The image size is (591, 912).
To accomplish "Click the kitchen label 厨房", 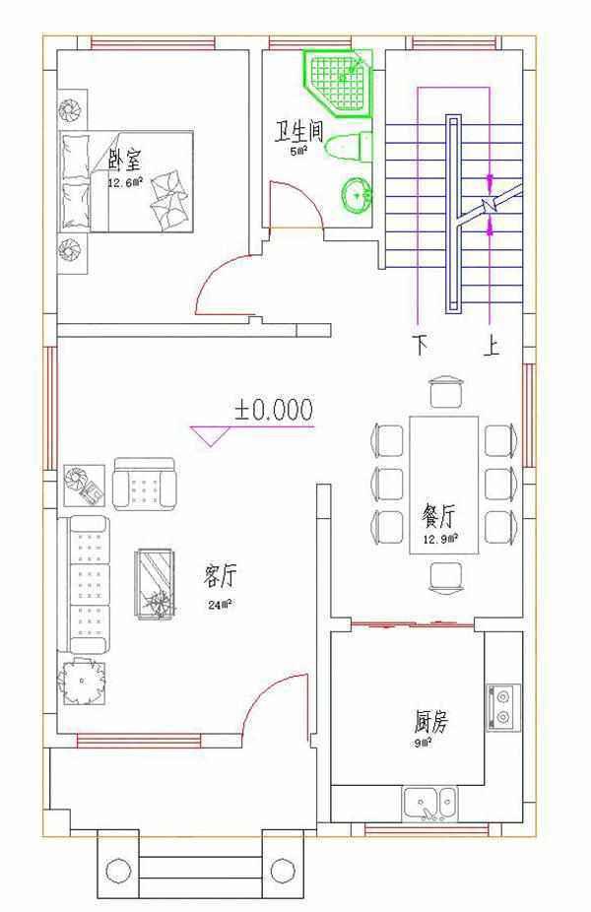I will pyautogui.click(x=430, y=722).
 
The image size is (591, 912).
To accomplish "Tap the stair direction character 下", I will pyautogui.click(x=421, y=347).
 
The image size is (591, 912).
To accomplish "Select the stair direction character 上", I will pyautogui.click(x=490, y=347).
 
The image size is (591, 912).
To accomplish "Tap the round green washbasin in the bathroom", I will pyautogui.click(x=356, y=193).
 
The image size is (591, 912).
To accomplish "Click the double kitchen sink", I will pyautogui.click(x=430, y=803).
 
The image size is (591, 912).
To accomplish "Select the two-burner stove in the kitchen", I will pyautogui.click(x=502, y=707).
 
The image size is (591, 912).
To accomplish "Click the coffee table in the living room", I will pyautogui.click(x=156, y=583).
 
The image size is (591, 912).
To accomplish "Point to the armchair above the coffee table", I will pyautogui.click(x=145, y=485).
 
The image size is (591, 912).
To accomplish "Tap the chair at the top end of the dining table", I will pyautogui.click(x=445, y=390).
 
